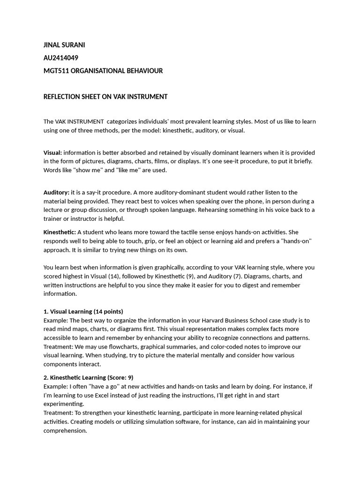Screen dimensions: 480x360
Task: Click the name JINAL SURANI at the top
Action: (x=64, y=45)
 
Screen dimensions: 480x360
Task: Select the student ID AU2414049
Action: (x=61, y=58)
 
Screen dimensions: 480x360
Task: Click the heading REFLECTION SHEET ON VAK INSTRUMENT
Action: (x=105, y=97)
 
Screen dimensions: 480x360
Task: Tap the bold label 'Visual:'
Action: (x=52, y=153)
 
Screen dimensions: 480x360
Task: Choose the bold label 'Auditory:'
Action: (x=56, y=193)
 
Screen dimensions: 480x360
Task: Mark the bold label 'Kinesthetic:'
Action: (x=60, y=232)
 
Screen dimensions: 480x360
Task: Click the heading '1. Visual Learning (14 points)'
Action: (x=83, y=312)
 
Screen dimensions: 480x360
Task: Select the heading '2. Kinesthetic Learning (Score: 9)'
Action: (x=89, y=377)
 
